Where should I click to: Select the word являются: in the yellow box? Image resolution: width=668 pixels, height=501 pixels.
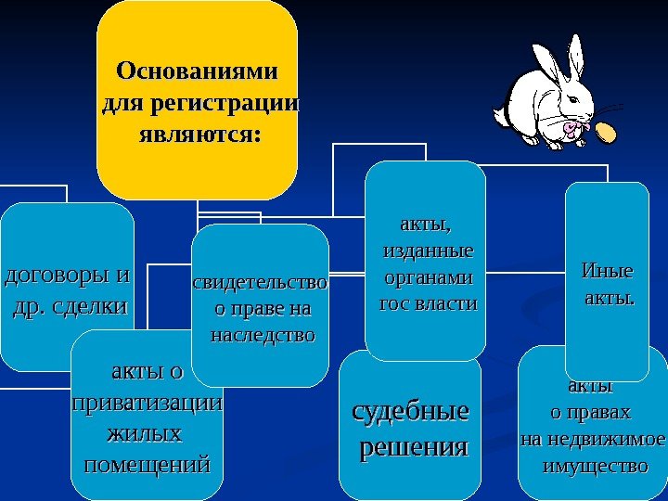(x=198, y=135)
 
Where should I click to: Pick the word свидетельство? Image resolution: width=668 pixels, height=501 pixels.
(x=260, y=282)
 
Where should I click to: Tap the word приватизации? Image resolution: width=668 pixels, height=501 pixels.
(x=147, y=404)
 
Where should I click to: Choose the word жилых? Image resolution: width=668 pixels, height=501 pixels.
(x=144, y=433)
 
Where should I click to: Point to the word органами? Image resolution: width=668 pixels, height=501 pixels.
(x=428, y=277)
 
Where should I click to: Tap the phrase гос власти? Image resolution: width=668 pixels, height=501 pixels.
(x=428, y=303)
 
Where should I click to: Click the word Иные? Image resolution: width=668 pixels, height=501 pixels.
(x=606, y=272)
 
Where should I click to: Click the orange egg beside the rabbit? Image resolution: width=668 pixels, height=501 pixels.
(x=607, y=134)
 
